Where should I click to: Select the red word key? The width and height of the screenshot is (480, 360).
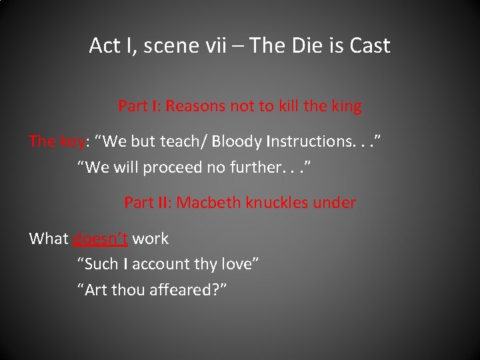click(x=72, y=141)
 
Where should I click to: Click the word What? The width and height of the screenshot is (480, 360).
click(x=49, y=239)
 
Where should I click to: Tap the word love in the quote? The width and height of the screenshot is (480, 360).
click(x=237, y=265)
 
